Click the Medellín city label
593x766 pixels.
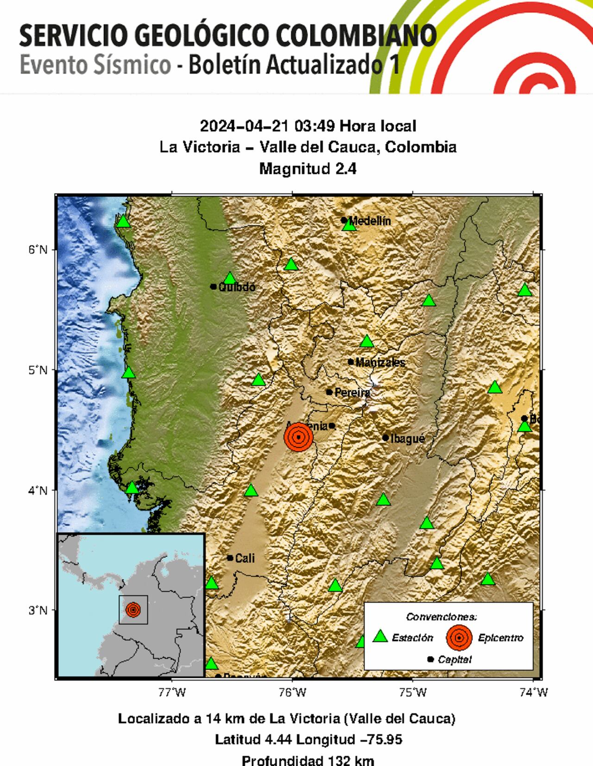[370, 221]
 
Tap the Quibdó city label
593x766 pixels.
[237, 287]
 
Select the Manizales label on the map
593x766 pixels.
[380, 362]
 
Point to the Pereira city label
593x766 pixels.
[352, 393]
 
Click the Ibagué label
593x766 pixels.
[408, 438]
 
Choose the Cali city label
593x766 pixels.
[245, 558]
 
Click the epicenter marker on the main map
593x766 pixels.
[298, 437]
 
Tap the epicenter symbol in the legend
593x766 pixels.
[459, 638]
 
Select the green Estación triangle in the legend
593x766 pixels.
[380, 637]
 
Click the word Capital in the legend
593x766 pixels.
[454, 659]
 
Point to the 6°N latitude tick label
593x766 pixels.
[38, 250]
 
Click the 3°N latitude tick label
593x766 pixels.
[38, 610]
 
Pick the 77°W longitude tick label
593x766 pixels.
[172, 693]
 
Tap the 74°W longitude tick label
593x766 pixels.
[534, 693]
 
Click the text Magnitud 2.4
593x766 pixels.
[308, 168]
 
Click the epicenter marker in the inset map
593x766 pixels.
[133, 610]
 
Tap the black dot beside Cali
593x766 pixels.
[230, 558]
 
